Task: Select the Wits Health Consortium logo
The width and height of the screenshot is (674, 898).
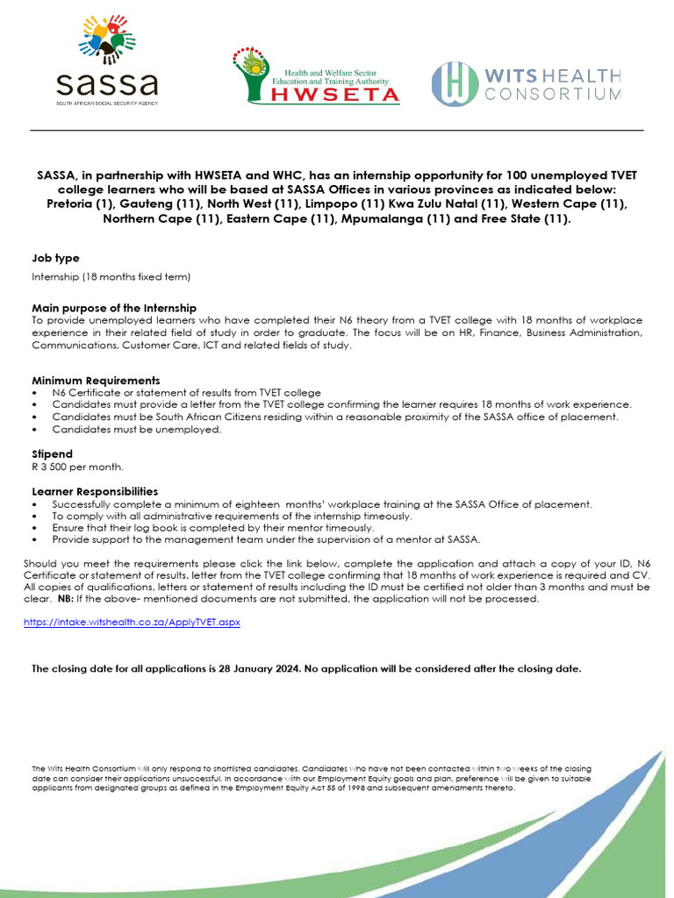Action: pyautogui.click(x=527, y=83)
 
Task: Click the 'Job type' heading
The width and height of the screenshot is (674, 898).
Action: pyautogui.click(x=55, y=258)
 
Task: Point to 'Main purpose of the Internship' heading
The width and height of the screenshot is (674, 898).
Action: pyautogui.click(x=114, y=308)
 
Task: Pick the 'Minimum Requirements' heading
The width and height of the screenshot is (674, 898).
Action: pyautogui.click(x=96, y=381)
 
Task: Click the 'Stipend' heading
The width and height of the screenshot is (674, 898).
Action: pyautogui.click(x=52, y=454)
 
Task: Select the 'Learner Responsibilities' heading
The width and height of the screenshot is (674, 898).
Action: pyautogui.click(x=95, y=491)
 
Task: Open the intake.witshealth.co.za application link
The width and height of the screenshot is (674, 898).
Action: pyautogui.click(x=131, y=622)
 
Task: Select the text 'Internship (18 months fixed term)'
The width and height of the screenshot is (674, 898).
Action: pyautogui.click(x=111, y=277)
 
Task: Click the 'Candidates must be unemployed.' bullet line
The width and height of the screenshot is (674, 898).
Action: pyautogui.click(x=136, y=430)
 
